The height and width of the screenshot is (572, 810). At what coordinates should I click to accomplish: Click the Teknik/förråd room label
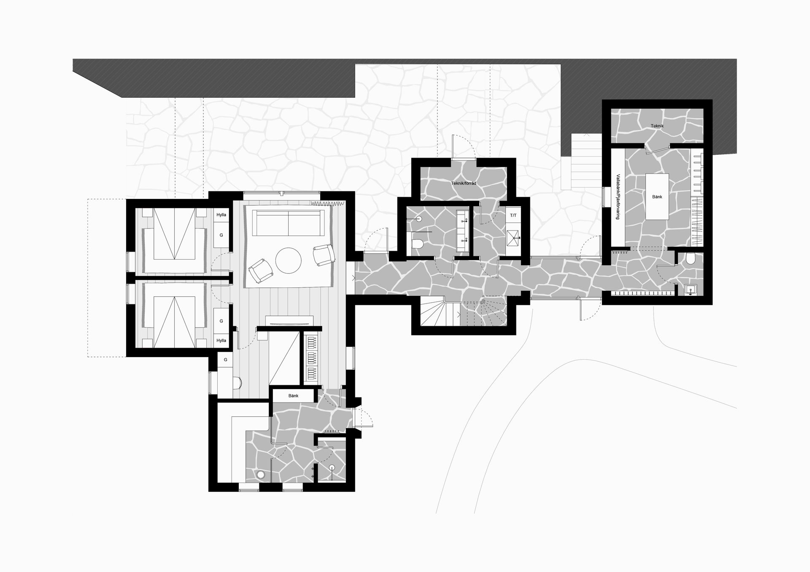[x=464, y=183]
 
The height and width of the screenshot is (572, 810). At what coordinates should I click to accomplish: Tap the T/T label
[x=513, y=215]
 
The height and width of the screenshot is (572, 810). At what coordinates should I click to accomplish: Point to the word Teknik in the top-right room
[x=657, y=126]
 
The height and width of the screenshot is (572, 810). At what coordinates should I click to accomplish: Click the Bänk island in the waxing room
[x=657, y=196]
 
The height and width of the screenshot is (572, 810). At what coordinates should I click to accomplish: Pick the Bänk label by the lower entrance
[x=293, y=396]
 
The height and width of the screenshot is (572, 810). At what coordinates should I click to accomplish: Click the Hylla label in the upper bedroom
[x=221, y=215]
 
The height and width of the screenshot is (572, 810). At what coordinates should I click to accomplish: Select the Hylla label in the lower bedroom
[x=221, y=341]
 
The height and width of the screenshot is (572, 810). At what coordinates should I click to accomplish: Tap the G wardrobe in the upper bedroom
[x=221, y=235]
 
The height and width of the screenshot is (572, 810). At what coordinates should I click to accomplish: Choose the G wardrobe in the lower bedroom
[x=221, y=321]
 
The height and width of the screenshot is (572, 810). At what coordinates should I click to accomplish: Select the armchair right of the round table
[x=324, y=255]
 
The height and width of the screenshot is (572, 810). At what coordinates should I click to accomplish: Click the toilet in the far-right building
[x=691, y=258]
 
